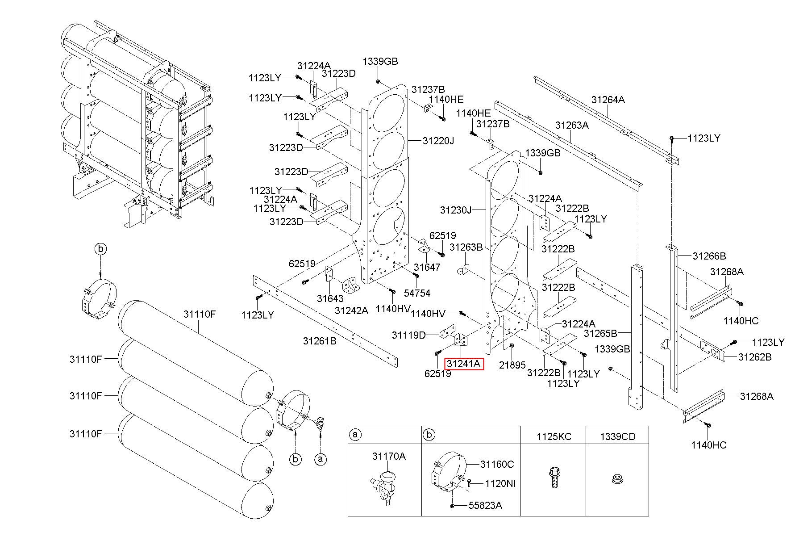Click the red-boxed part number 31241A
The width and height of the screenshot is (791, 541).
click(x=464, y=364)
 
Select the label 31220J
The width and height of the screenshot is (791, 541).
click(x=438, y=141)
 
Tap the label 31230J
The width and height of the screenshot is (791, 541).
click(x=455, y=210)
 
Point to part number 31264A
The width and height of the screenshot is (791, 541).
click(x=608, y=100)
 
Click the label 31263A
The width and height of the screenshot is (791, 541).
click(x=572, y=125)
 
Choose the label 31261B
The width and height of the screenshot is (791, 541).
click(x=320, y=341)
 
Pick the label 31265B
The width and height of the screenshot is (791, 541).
click(x=600, y=333)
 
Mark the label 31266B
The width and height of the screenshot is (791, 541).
click(x=709, y=256)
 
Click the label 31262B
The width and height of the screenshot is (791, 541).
click(x=755, y=357)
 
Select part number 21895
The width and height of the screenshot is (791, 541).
click(x=512, y=365)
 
